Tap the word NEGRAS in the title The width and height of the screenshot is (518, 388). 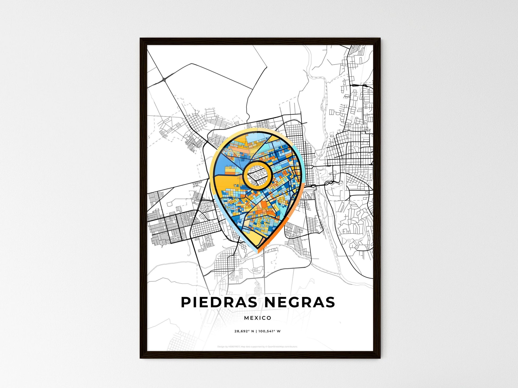coord(299,302)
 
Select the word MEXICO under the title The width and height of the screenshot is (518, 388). coord(258,318)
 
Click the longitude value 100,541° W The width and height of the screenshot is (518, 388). coord(269,331)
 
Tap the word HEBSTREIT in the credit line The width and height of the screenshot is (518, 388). coord(235,347)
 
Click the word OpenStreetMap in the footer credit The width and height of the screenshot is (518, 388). coord(276,347)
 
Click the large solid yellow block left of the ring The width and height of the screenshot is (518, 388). coord(226,182)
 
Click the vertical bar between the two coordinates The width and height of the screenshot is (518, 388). coord(256,331)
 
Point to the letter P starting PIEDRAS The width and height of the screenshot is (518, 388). coord(186,302)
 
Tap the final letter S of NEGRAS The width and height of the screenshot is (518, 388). coord(330,302)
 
